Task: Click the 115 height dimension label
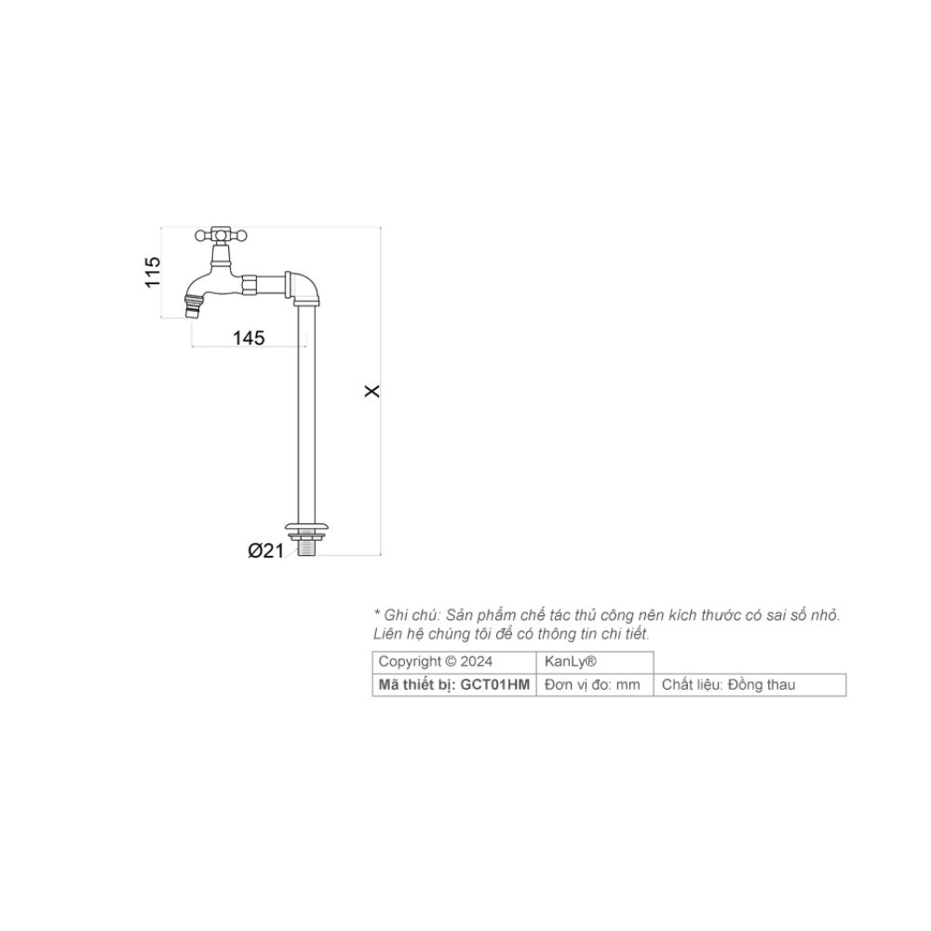(x=154, y=272)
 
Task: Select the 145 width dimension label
(x=249, y=338)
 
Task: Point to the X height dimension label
(x=372, y=392)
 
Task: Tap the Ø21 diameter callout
(x=265, y=551)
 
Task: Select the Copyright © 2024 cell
(x=436, y=661)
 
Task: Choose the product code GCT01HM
(x=495, y=685)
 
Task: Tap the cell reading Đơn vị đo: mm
(x=593, y=685)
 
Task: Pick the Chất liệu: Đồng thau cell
(x=729, y=685)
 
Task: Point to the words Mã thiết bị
(x=416, y=685)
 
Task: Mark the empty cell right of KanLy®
(x=749, y=661)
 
